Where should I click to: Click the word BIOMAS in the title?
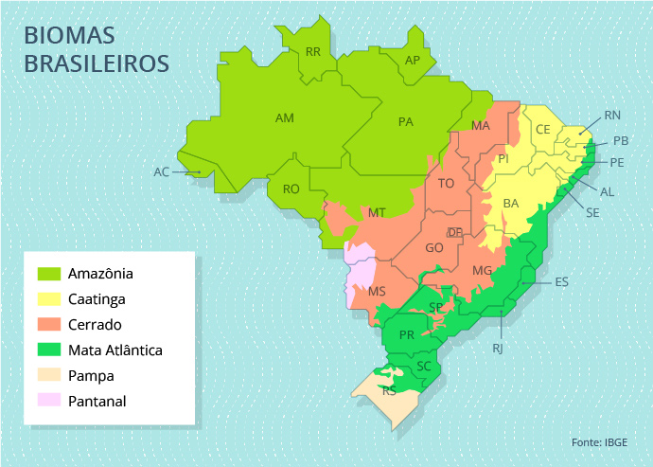click(x=69, y=36)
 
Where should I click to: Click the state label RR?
click(x=313, y=51)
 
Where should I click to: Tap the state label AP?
click(x=412, y=61)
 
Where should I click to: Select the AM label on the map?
click(x=284, y=118)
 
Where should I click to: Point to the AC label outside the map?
click(x=161, y=172)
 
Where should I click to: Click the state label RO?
click(x=291, y=189)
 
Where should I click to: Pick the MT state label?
click(x=377, y=213)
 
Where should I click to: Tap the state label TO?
click(x=446, y=183)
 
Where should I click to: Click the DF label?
click(x=455, y=232)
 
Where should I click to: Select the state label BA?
click(x=511, y=203)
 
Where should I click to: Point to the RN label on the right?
click(x=612, y=116)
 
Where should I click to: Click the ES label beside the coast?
click(x=561, y=282)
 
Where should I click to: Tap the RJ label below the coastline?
click(x=498, y=349)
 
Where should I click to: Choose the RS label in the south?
click(x=389, y=390)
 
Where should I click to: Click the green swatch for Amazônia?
click(x=48, y=274)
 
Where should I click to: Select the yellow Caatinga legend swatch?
click(x=48, y=299)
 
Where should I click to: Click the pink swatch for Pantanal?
click(x=48, y=402)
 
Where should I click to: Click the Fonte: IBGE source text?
click(x=598, y=442)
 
